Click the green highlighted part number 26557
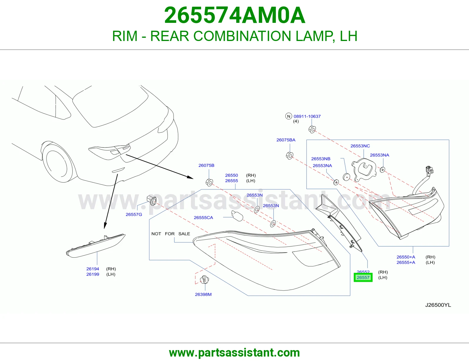pyautogui.click(x=363, y=278)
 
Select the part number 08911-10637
pyautogui.click(x=307, y=117)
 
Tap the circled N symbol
pyautogui.click(x=288, y=116)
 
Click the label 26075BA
pyautogui.click(x=286, y=140)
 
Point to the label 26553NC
pyautogui.click(x=360, y=146)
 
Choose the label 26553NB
pyautogui.click(x=321, y=159)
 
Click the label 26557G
pyautogui.click(x=134, y=215)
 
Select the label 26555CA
pyautogui.click(x=203, y=218)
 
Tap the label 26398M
pyautogui.click(x=203, y=294)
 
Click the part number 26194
pyautogui.click(x=93, y=269)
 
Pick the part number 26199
pyautogui.click(x=93, y=274)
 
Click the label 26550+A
pyautogui.click(x=406, y=257)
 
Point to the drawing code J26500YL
pyautogui.click(x=438, y=305)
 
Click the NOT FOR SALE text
pyautogui.click(x=171, y=234)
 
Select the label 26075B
pyautogui.click(x=206, y=165)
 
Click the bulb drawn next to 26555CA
pyautogui.click(x=237, y=216)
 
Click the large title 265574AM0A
pyautogui.click(x=235, y=15)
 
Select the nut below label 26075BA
pyautogui.click(x=289, y=155)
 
